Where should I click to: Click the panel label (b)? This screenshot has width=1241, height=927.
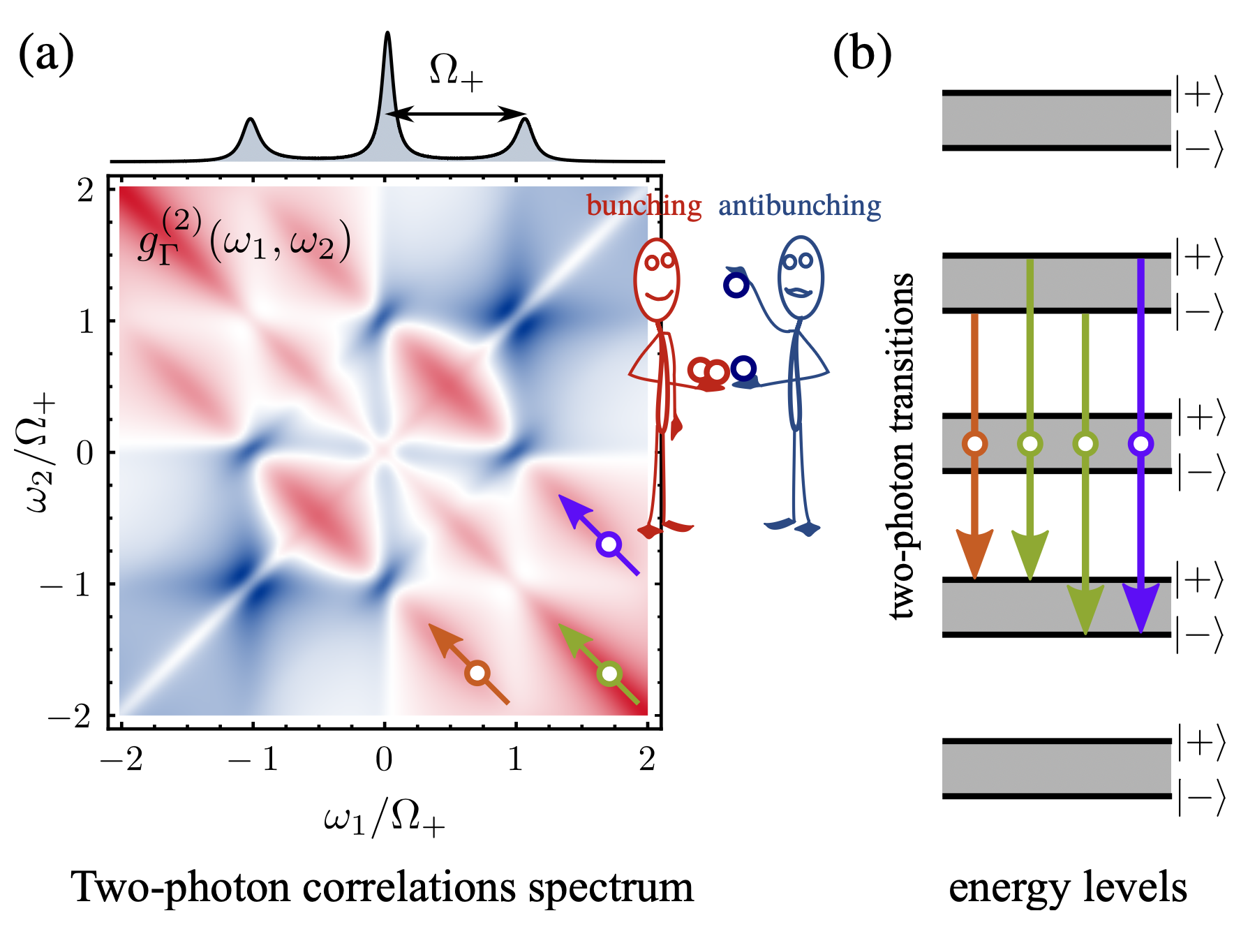coord(862,54)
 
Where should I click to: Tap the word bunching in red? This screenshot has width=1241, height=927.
coord(644,206)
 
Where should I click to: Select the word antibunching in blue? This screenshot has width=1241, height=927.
coord(799,206)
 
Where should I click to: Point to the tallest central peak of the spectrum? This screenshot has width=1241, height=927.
coord(387,42)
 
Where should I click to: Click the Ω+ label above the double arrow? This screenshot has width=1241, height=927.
coord(456,71)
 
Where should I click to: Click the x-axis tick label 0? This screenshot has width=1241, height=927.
coord(384,759)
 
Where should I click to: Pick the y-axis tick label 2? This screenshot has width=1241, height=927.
coord(86,191)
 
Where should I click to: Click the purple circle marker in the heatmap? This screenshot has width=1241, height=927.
coord(609,544)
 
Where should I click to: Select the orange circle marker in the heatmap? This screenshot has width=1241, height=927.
coord(477,673)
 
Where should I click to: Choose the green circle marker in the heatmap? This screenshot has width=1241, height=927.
coord(610,674)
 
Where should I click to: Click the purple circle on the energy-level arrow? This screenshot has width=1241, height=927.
coord(1140,443)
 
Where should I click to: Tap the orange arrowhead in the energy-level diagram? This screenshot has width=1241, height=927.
coord(974,551)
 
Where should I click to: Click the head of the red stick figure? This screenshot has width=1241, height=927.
coord(656,279)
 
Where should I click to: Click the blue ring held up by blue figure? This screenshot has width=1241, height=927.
coord(736,285)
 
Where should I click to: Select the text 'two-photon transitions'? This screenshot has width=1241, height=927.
coord(902,447)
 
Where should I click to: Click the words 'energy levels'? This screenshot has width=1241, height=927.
coord(1068,888)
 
